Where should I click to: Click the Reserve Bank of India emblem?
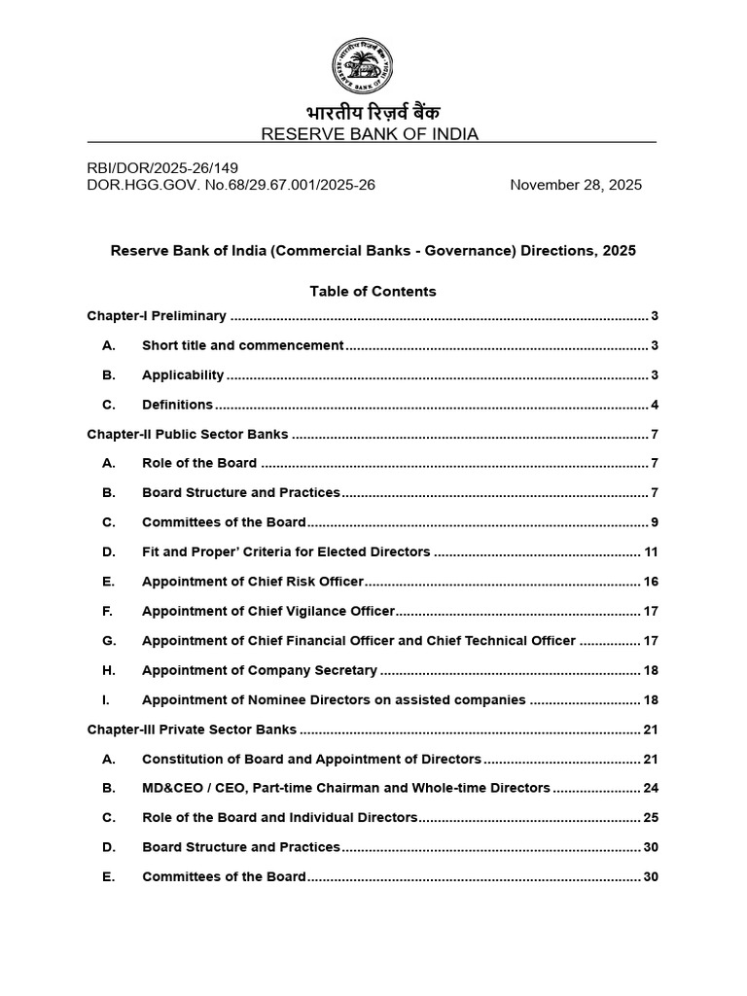[373, 66]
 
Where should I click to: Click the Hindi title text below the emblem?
[373, 113]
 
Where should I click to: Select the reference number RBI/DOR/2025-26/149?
[162, 167]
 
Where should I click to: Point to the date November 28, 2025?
[576, 185]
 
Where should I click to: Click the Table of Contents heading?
[373, 291]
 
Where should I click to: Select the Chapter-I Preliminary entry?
[157, 316]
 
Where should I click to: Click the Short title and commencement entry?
[242, 345]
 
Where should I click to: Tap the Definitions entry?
[177, 405]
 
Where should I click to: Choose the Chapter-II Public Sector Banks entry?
[188, 434]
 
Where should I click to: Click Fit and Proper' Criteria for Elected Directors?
[286, 551]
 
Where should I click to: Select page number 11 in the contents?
[651, 551]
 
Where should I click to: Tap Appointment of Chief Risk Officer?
[252, 582]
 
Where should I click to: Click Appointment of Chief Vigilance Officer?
[268, 611]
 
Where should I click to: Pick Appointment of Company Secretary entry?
[260, 670]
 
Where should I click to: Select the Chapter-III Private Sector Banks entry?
[192, 729]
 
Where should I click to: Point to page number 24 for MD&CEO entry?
[651, 788]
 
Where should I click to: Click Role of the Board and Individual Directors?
[279, 818]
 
